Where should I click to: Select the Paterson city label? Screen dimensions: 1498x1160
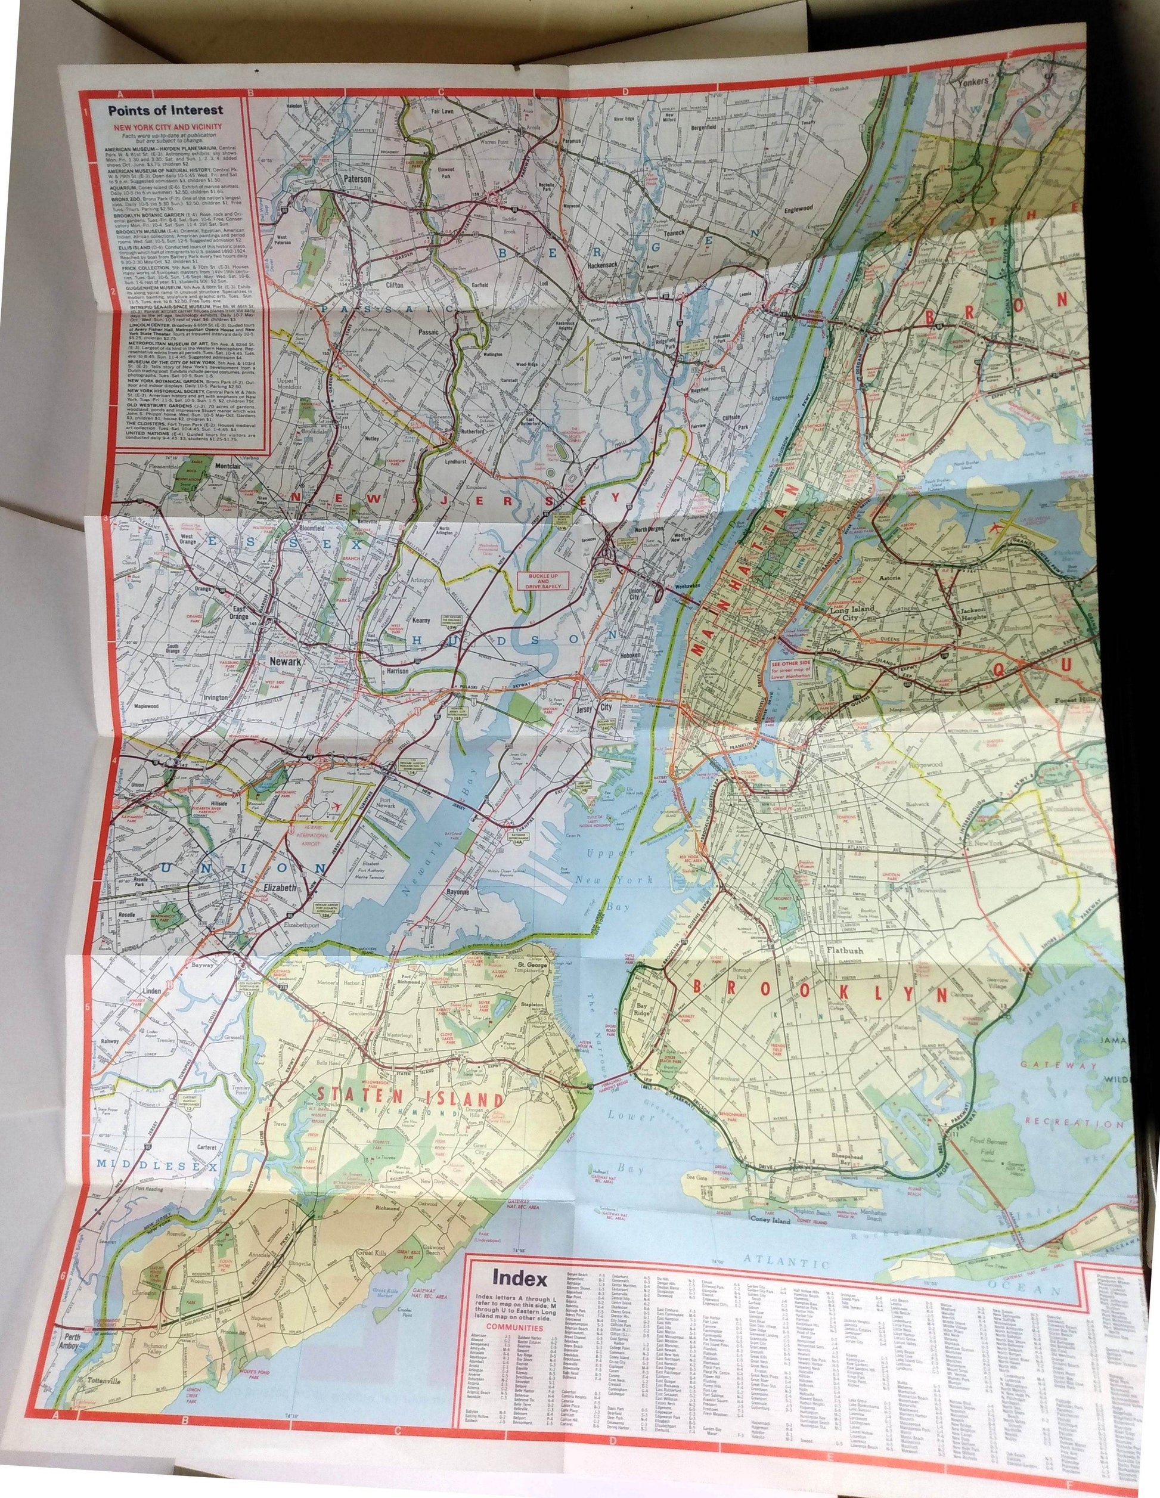click(x=356, y=179)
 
